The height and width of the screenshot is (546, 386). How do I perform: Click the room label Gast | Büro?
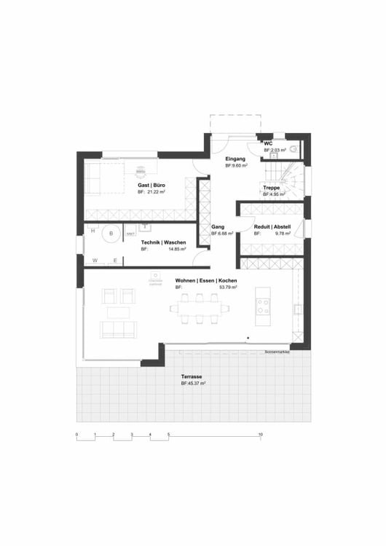point(151,186)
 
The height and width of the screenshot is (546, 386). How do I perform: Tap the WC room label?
point(268,143)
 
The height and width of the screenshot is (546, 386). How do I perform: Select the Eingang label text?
point(235,159)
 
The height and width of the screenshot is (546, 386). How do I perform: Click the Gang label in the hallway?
point(218,227)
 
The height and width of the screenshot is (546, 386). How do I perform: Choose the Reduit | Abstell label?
point(272,227)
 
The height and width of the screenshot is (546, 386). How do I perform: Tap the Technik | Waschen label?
point(163,242)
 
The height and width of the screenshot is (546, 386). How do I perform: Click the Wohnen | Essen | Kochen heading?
point(206,280)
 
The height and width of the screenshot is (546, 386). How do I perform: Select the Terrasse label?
point(192,376)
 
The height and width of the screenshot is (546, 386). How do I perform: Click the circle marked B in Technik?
point(111,234)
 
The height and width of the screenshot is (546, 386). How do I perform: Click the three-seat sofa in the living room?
point(118,330)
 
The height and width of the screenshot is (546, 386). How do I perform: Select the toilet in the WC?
point(294,149)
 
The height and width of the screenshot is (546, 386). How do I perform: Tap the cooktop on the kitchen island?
point(262,300)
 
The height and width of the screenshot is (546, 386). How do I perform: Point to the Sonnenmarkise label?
point(277,351)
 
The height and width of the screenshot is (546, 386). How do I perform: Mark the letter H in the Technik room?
point(92,232)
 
